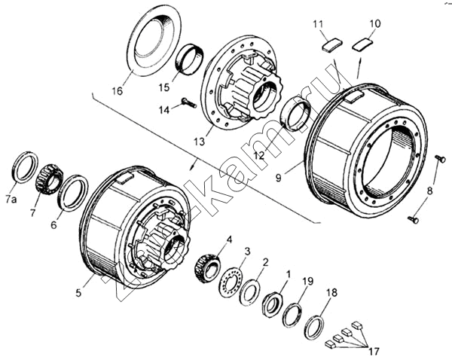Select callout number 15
point(164,87)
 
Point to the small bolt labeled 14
point(188,102)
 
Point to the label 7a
point(10,198)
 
